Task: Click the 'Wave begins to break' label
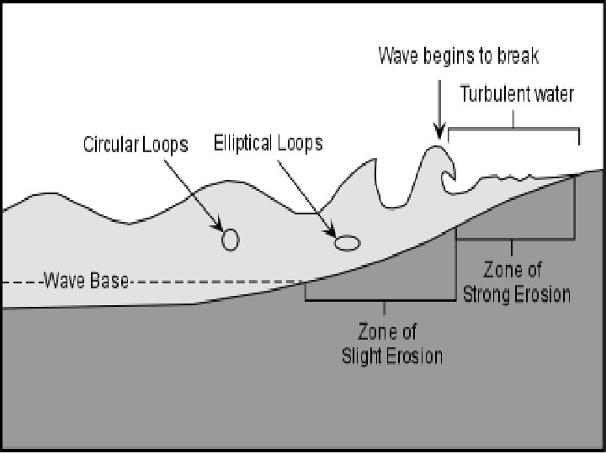[x=458, y=56]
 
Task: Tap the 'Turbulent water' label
[x=517, y=93]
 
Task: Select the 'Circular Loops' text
[x=136, y=144]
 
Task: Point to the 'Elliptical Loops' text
[x=268, y=142]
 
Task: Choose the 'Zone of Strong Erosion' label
[x=517, y=282]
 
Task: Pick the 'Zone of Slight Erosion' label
[x=392, y=343]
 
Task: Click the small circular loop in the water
[x=230, y=240]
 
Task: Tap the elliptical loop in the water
[x=347, y=243]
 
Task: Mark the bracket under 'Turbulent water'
[x=514, y=128]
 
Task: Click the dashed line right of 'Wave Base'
[x=219, y=282]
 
